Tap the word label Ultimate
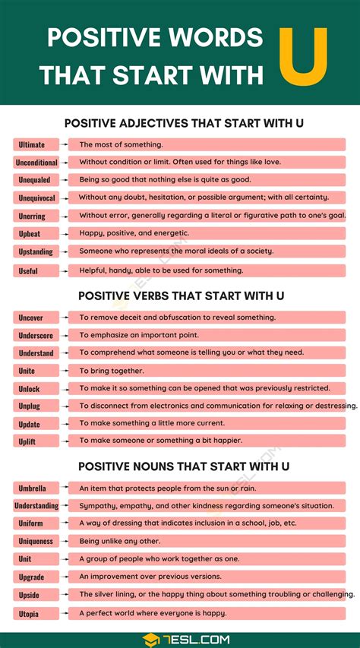[31, 144]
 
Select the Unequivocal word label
[36, 198]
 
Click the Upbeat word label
[30, 234]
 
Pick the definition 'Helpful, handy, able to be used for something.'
[161, 270]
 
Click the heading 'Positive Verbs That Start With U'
[180, 296]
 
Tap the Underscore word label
[36, 335]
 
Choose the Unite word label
[27, 371]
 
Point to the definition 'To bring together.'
[112, 371]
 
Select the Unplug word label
[30, 406]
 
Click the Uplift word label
[27, 441]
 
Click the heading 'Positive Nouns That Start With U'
[180, 466]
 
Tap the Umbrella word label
[32, 488]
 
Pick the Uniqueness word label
[36, 541]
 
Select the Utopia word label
[28, 613]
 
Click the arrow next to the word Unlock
[63, 388]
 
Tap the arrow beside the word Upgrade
[63, 577]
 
